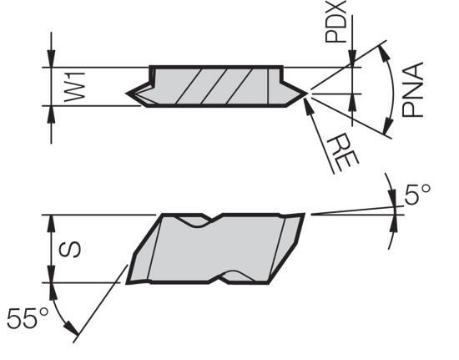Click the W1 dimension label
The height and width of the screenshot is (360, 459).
[74, 87]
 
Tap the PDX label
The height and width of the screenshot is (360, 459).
[336, 22]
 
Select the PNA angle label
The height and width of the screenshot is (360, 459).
[413, 89]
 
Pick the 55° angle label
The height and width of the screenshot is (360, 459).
[28, 318]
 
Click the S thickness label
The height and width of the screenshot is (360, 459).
[70, 250]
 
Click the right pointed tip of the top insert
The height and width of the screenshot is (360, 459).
[307, 94]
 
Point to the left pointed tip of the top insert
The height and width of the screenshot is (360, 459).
[127, 94]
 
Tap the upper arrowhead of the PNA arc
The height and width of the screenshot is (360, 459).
[383, 52]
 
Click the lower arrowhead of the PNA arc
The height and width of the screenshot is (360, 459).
[387, 125]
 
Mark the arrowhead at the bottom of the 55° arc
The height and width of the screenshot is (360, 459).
[73, 328]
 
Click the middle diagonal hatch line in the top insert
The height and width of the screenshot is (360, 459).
[214, 86]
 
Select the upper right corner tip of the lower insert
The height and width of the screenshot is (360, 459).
[304, 214]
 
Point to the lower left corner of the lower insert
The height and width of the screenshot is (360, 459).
[127, 283]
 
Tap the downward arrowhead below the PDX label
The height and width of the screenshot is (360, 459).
[352, 58]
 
